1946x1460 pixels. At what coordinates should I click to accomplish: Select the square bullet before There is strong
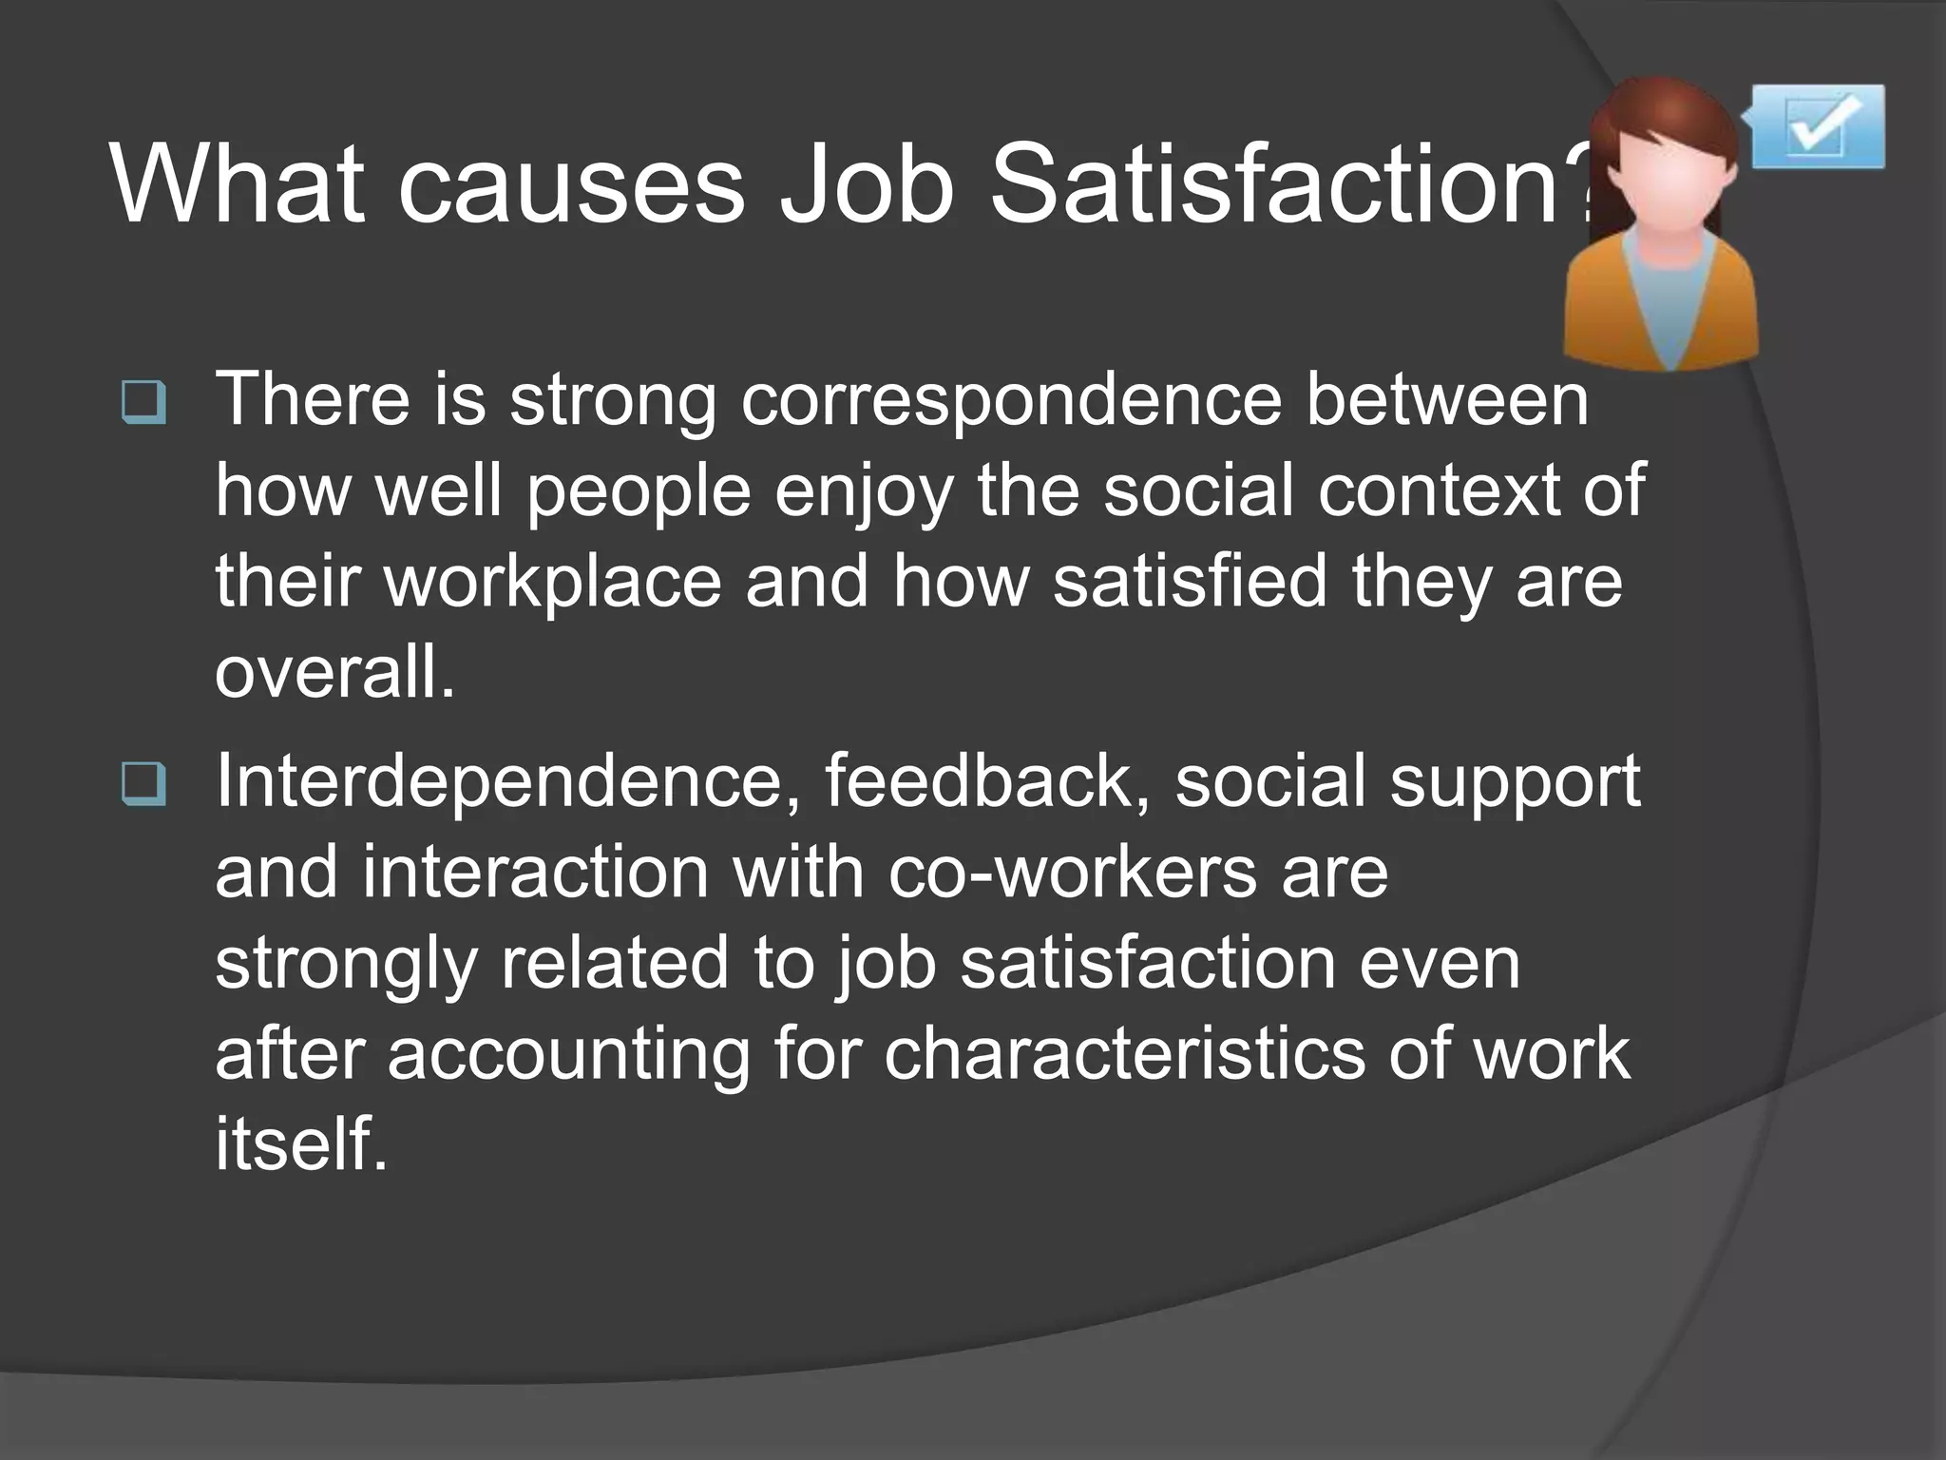click(144, 402)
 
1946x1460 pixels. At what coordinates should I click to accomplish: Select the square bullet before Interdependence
click(144, 784)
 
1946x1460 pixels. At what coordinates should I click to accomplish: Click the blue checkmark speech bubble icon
click(1817, 127)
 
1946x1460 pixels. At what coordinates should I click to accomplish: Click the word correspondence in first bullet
click(1011, 401)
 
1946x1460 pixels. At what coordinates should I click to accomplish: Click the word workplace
click(552, 582)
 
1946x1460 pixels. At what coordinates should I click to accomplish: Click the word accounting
click(568, 1055)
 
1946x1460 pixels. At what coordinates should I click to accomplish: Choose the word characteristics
click(1124, 1055)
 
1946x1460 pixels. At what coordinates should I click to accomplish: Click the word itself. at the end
click(300, 1144)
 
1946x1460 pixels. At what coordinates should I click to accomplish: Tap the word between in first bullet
click(1446, 401)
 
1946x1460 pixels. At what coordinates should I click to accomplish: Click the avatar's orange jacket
click(1596, 304)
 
